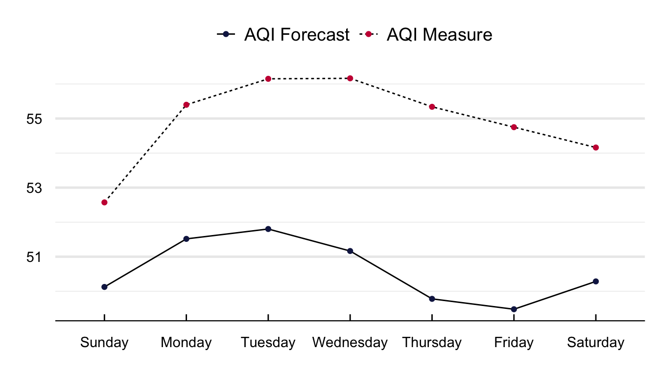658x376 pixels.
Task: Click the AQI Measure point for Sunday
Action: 104,202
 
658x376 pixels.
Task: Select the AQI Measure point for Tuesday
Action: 268,79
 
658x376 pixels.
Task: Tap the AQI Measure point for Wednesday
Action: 350,78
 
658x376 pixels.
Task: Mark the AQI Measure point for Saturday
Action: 596,147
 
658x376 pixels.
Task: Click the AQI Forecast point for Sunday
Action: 104,287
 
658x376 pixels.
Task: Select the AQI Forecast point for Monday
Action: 187,239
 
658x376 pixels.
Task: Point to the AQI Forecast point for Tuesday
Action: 268,229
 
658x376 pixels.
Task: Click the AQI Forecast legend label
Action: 297,35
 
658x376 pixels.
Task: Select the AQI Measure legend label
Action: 439,35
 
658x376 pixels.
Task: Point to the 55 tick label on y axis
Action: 37,119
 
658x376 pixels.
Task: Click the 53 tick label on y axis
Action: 37,188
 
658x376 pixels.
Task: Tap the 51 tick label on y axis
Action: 37,257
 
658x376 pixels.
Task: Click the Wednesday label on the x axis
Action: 350,343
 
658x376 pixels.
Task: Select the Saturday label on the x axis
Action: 596,343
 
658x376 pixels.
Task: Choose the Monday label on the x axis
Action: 187,343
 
